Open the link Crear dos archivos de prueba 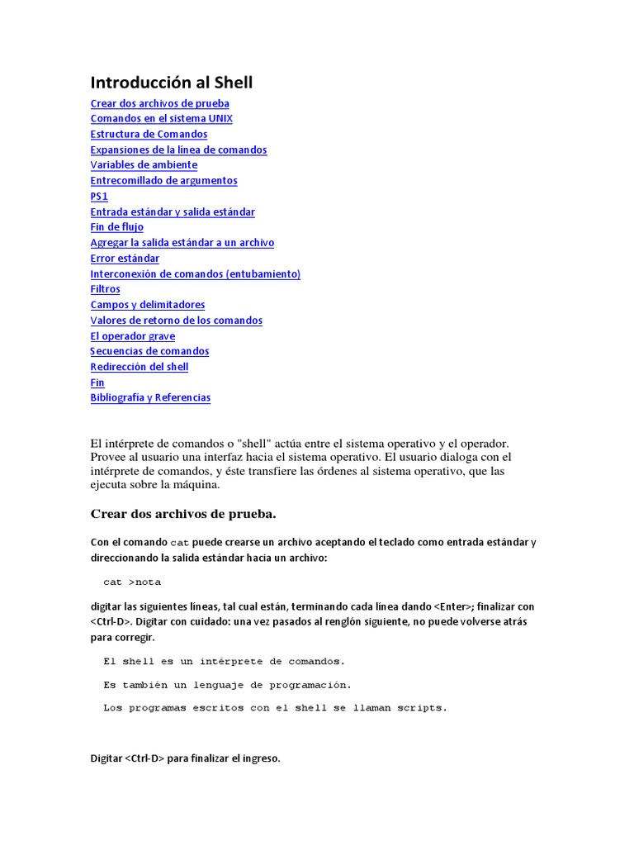pyautogui.click(x=159, y=103)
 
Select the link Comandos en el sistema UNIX pyautogui.click(x=161, y=118)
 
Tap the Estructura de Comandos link pyautogui.click(x=149, y=134)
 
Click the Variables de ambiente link pyautogui.click(x=144, y=164)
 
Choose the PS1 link pyautogui.click(x=99, y=196)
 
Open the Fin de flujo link pyautogui.click(x=116, y=226)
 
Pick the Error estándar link pyautogui.click(x=125, y=258)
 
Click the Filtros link pyautogui.click(x=105, y=289)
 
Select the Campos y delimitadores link pyautogui.click(x=148, y=304)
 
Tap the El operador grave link pyautogui.click(x=132, y=335)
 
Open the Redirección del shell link pyautogui.click(x=139, y=366)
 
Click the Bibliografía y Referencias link pyautogui.click(x=150, y=397)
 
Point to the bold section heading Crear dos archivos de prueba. pyautogui.click(x=182, y=514)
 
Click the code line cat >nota pyautogui.click(x=132, y=582)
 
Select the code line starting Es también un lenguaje pyautogui.click(x=227, y=684)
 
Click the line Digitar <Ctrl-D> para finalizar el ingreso pyautogui.click(x=185, y=758)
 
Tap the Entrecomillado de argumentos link pyautogui.click(x=163, y=180)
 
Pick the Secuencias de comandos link pyautogui.click(x=149, y=350)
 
